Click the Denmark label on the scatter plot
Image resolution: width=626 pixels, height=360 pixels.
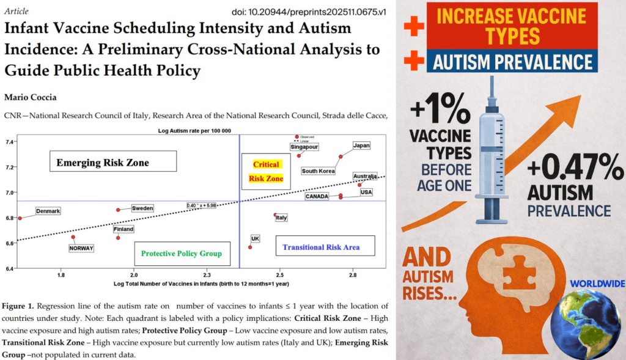(48, 211)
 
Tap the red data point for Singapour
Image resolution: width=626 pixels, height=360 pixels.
(299, 155)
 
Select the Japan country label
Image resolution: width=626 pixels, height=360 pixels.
(361, 145)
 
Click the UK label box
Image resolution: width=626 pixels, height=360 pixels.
(255, 238)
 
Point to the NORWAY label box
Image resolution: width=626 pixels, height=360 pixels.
(81, 248)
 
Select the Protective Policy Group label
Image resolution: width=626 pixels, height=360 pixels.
(182, 253)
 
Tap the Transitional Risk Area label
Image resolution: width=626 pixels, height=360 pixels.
(321, 247)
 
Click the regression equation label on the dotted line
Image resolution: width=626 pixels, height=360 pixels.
(202, 205)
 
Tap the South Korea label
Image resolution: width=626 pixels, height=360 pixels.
(319, 171)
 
